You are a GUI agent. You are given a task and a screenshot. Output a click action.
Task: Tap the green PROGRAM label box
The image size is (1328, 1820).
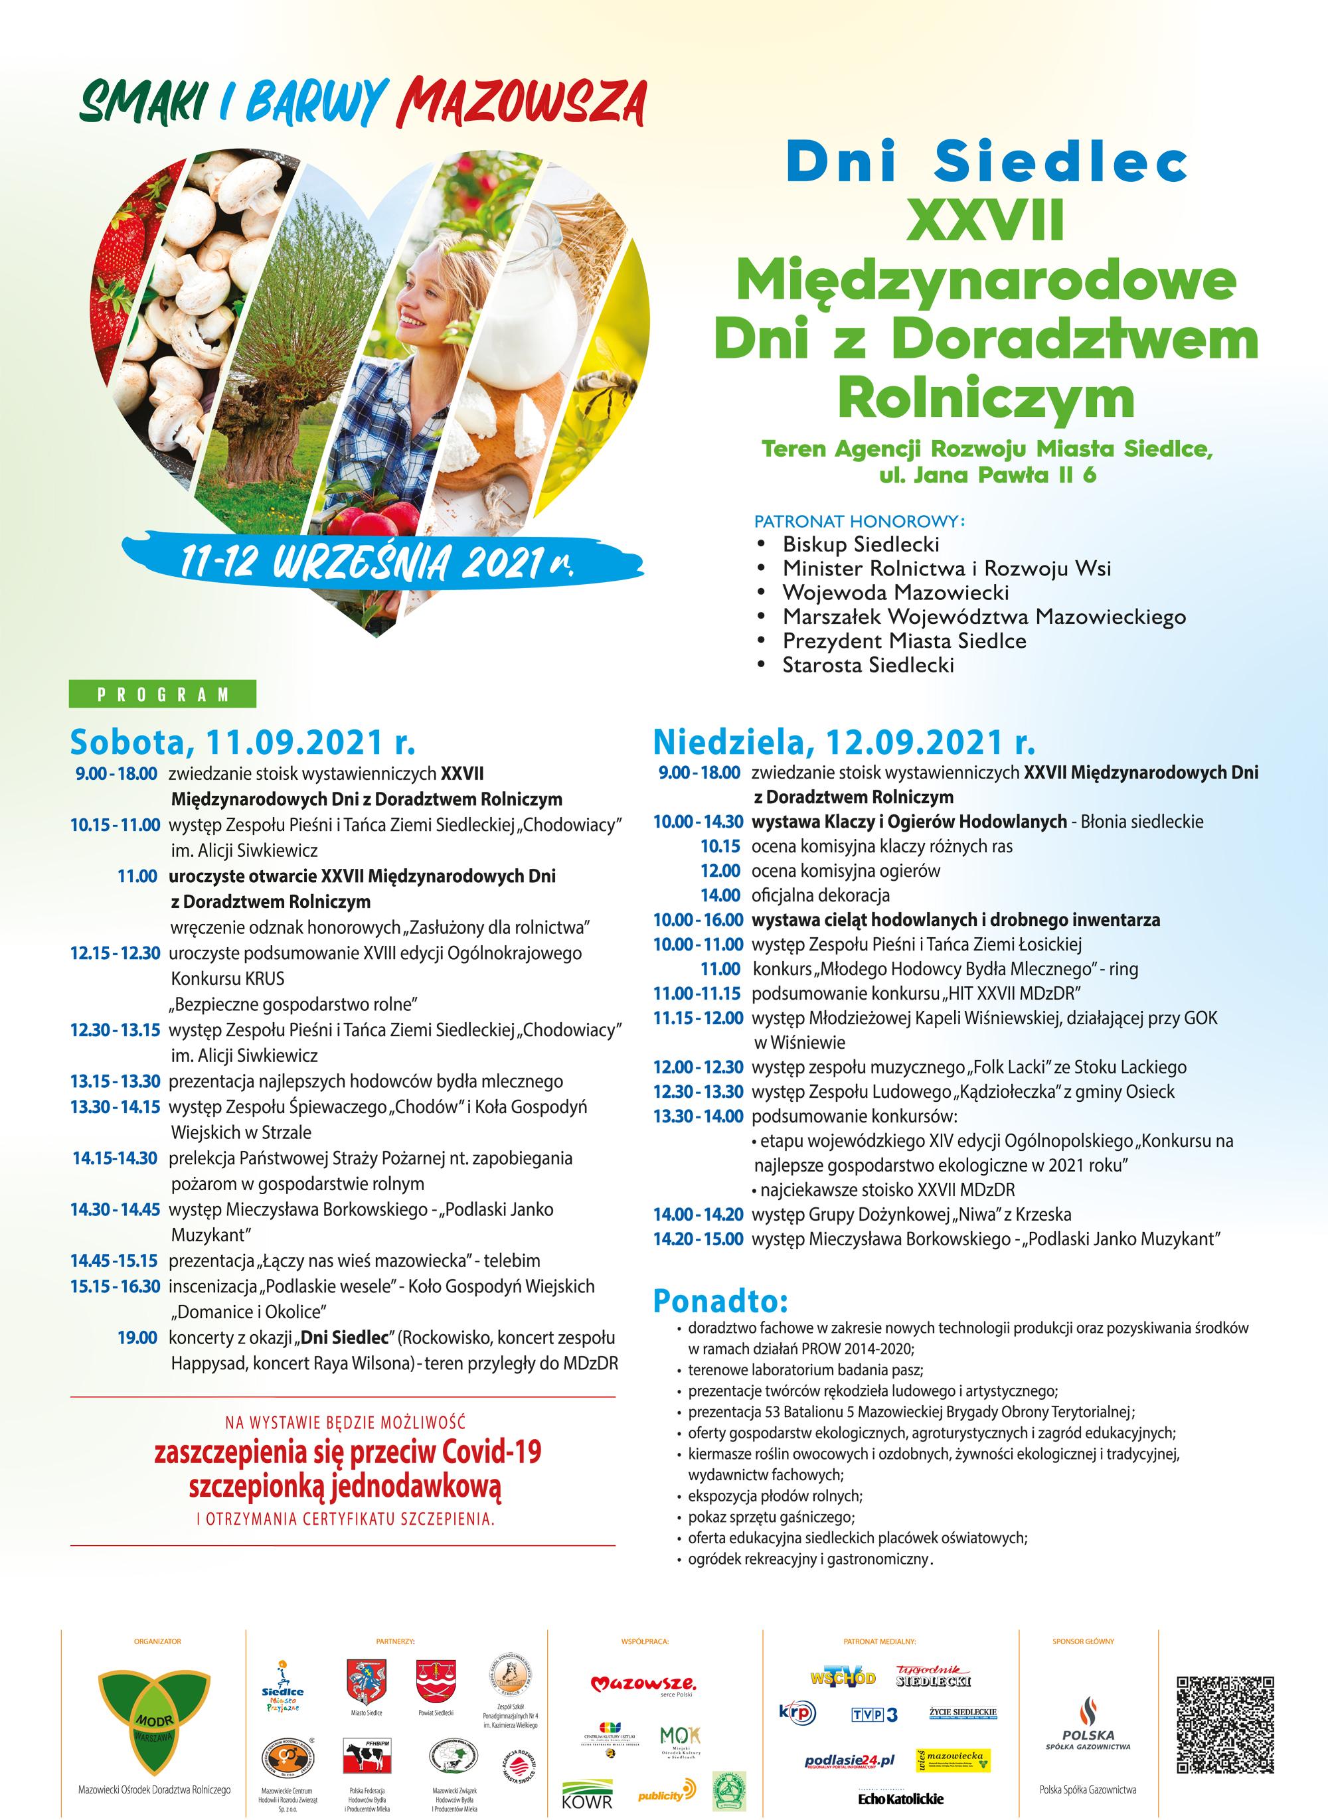click(163, 694)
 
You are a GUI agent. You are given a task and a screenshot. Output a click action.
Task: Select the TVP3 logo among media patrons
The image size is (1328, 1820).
click(874, 1714)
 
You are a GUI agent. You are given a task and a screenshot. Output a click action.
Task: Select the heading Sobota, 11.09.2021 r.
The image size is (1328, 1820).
click(243, 743)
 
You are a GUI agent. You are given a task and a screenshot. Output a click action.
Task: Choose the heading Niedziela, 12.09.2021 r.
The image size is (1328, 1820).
click(844, 741)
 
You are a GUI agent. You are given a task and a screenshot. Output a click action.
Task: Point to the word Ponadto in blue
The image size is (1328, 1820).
click(720, 1300)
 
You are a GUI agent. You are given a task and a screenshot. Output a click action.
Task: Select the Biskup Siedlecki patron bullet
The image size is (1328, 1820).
click(860, 544)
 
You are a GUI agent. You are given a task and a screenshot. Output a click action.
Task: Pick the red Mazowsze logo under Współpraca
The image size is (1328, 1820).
click(643, 1683)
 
